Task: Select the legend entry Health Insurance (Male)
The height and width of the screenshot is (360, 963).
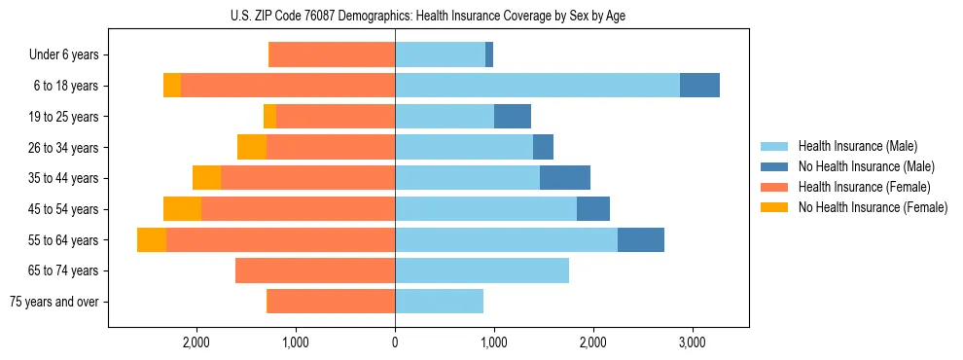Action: tap(857, 146)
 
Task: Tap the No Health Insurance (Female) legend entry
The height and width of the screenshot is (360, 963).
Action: tap(872, 207)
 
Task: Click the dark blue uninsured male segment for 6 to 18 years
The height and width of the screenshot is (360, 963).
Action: tap(699, 86)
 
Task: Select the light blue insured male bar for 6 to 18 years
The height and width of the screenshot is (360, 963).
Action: tap(537, 86)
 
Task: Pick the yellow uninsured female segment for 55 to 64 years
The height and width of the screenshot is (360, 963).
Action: tap(152, 240)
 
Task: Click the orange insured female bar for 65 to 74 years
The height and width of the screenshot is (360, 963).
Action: tap(315, 270)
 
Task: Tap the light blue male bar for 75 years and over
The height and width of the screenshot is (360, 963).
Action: tap(439, 302)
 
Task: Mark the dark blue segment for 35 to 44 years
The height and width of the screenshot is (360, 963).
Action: tap(565, 178)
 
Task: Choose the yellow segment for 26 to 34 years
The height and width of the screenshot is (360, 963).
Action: tap(252, 148)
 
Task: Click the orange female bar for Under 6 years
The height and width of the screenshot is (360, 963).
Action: tap(332, 55)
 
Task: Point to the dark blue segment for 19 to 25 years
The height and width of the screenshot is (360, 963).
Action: tap(513, 117)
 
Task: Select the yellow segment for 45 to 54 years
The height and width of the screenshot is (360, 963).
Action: tap(182, 209)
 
